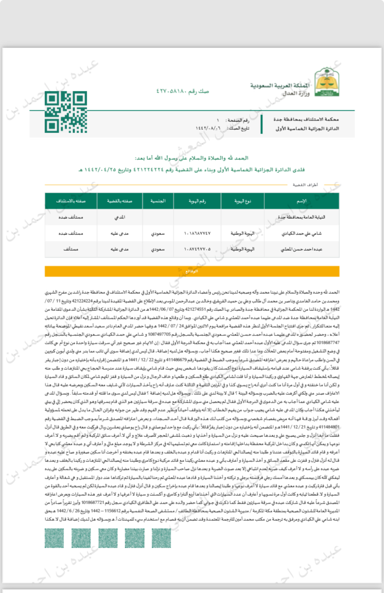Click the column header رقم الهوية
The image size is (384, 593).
point(198,202)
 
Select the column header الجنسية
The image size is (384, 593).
point(157,202)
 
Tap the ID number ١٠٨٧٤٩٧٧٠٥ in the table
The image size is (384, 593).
point(197,249)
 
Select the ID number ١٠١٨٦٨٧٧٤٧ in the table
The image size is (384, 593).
point(197,233)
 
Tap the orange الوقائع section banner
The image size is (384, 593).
point(192,271)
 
